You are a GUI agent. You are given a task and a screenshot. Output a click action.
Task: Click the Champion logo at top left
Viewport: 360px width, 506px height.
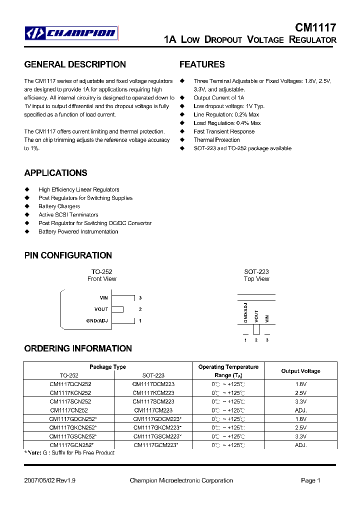point(71,33)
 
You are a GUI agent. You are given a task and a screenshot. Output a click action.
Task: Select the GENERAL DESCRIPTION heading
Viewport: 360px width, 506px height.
point(75,64)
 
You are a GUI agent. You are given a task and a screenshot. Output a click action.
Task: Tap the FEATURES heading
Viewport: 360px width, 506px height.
point(202,64)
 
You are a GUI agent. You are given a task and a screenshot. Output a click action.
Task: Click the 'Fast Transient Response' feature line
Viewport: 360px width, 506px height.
point(224,131)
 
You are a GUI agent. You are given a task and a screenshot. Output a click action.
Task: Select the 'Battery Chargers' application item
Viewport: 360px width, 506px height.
point(59,206)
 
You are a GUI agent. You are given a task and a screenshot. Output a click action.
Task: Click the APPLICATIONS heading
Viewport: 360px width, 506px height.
point(55,173)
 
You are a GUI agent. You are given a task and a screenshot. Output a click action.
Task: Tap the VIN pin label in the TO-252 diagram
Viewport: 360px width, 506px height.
point(103,298)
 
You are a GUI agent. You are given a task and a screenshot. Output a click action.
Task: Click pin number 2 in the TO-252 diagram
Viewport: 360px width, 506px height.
point(140,309)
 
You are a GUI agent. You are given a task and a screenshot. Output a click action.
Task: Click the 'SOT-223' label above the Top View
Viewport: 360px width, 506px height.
point(256,272)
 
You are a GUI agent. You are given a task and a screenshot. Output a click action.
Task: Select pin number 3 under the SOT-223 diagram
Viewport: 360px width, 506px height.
point(267,340)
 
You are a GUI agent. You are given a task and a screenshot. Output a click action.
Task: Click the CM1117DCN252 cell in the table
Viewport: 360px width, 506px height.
point(70,384)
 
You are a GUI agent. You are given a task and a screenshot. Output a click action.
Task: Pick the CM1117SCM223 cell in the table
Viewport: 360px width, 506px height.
point(153,401)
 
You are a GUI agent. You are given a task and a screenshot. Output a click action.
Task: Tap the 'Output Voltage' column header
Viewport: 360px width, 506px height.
point(300,371)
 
